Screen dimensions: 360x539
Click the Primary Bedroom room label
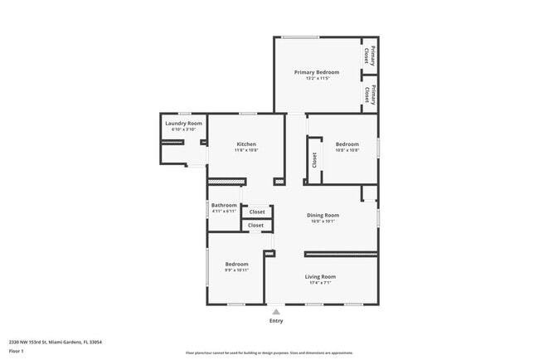317,72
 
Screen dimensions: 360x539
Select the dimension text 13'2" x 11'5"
317,79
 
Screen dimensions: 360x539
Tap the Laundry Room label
183,124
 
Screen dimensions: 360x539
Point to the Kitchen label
246,144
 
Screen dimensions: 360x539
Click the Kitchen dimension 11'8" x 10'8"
246,151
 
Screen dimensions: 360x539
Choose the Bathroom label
224,205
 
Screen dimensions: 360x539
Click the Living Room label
320,276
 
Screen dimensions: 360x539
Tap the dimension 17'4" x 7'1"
320,283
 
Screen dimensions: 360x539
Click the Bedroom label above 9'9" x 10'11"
236,264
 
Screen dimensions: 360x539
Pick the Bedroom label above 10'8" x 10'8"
347,144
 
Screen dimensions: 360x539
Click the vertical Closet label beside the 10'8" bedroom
314,160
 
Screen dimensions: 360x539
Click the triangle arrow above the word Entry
276,312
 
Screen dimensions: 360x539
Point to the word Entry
276,321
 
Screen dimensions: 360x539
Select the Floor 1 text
17,351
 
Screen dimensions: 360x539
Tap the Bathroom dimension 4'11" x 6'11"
224,212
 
